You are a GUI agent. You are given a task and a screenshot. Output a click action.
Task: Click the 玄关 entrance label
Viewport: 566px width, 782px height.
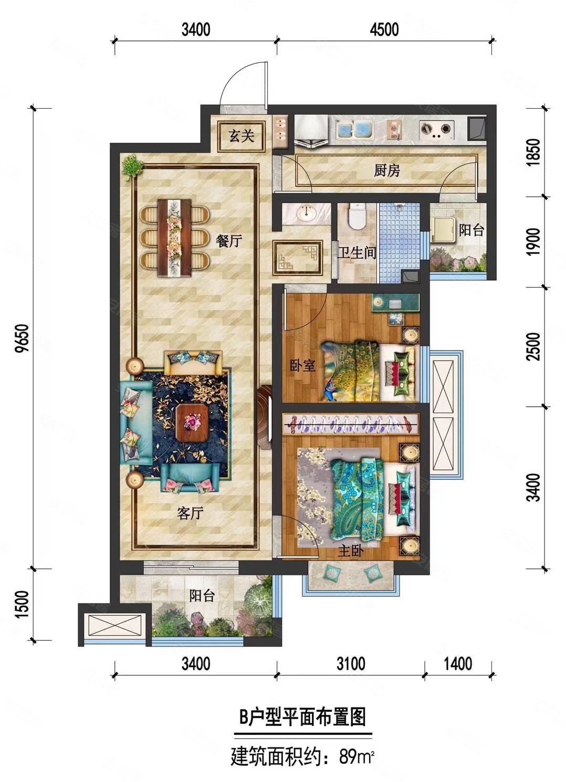click(x=242, y=136)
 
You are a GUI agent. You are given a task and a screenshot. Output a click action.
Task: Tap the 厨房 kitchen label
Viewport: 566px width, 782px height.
click(x=387, y=171)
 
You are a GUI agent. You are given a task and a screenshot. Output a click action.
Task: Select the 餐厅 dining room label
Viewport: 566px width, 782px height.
click(x=229, y=241)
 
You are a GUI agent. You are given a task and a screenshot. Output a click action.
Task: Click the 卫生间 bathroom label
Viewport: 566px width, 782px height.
click(x=357, y=253)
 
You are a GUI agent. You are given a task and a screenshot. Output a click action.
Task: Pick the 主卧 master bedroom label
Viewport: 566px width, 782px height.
click(x=351, y=551)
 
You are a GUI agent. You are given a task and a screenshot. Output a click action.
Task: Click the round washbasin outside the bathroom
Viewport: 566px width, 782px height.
click(x=306, y=213)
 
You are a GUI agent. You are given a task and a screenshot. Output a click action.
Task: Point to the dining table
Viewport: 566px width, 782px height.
click(x=175, y=238)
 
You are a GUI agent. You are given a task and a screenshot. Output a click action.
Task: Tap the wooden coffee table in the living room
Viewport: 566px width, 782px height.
click(x=192, y=423)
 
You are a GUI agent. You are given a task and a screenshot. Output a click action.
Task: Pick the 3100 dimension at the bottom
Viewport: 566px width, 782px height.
click(x=351, y=663)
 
